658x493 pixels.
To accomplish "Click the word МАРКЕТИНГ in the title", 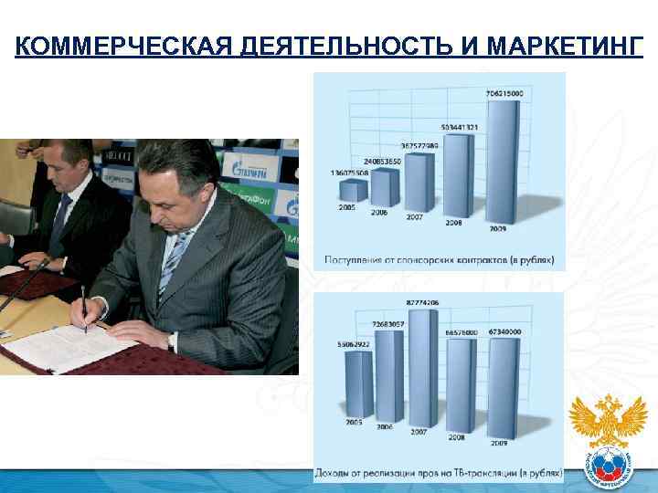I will (566, 46).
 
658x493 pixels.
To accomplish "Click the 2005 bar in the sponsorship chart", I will (353, 192).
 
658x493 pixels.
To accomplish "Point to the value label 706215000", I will (505, 94).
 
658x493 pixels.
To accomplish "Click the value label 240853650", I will (379, 162).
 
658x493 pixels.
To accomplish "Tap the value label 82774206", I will (423, 302).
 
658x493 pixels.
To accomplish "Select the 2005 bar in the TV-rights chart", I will (357, 383).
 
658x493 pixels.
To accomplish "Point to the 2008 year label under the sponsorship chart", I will (454, 222).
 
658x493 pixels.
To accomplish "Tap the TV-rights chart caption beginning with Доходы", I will (438, 473).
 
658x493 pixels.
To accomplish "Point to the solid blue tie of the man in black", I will (59, 219).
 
